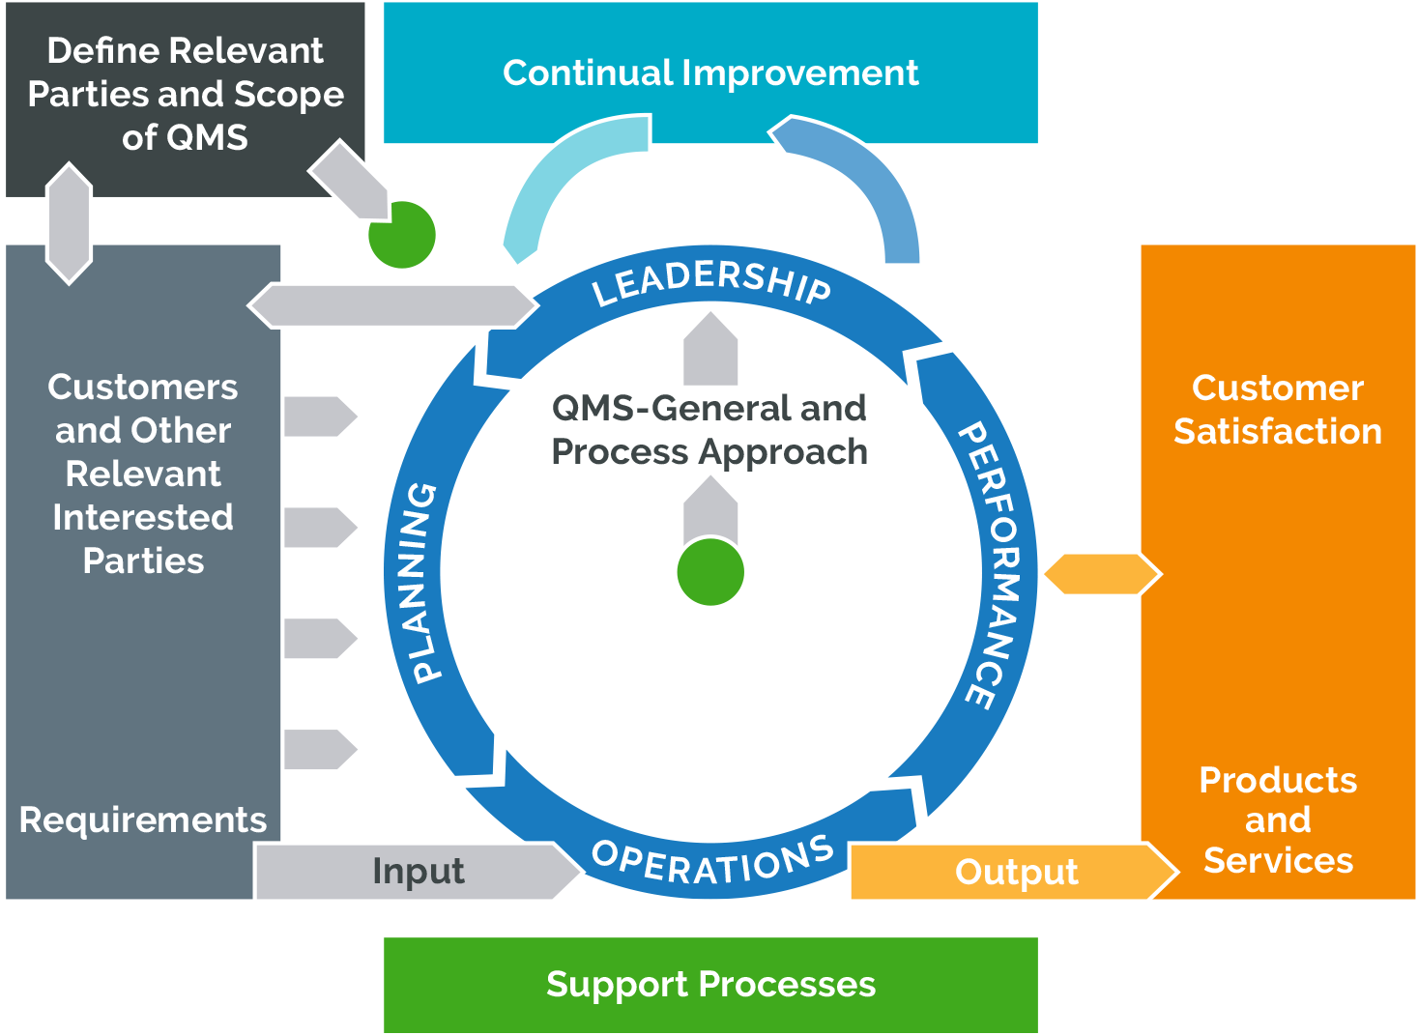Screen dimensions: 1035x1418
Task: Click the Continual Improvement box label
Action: [x=710, y=73]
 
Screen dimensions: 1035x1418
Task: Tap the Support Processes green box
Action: [x=710, y=984]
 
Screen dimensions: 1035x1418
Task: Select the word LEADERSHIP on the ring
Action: [x=710, y=280]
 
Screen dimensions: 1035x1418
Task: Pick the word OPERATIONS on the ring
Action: [x=712, y=861]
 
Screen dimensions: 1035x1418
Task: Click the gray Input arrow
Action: [x=419, y=871]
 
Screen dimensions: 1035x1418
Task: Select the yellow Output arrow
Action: [x=1015, y=871]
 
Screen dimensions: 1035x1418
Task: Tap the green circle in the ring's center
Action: [x=710, y=572]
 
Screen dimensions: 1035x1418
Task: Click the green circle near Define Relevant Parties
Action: [x=400, y=235]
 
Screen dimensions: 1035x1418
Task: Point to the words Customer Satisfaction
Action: [x=1277, y=410]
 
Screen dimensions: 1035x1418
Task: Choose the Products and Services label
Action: [x=1277, y=819]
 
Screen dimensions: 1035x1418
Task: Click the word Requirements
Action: [x=142, y=819]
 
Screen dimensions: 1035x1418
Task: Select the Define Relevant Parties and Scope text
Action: [x=185, y=94]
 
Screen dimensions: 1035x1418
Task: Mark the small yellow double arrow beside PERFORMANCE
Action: [x=1100, y=573]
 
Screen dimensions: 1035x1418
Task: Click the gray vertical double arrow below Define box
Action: [x=69, y=223]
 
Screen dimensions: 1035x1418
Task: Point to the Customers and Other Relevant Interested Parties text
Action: [x=142, y=474]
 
